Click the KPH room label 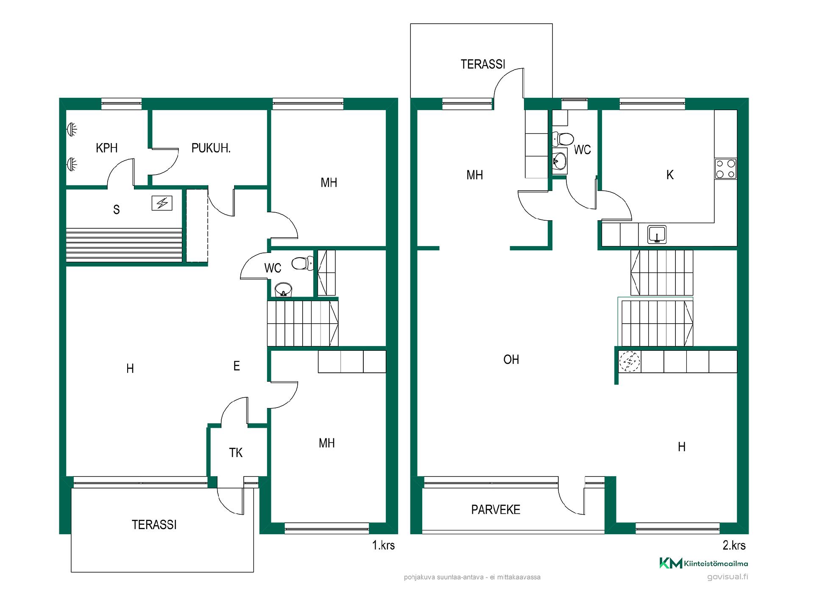[106, 148]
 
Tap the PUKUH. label [211, 148]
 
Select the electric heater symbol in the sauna [162, 203]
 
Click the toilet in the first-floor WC [301, 263]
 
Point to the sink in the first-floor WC [283, 290]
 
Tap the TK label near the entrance [236, 453]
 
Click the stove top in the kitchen [725, 169]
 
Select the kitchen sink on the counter [657, 234]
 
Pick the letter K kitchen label [670, 175]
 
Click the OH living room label [511, 360]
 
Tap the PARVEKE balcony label [496, 510]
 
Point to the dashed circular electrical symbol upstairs [630, 361]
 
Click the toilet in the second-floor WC [563, 139]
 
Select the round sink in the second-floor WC [560, 161]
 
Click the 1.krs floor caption [383, 545]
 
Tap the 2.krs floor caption [734, 545]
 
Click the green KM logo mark [671, 563]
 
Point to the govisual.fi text [728, 577]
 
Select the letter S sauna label [116, 210]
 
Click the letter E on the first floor [237, 366]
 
